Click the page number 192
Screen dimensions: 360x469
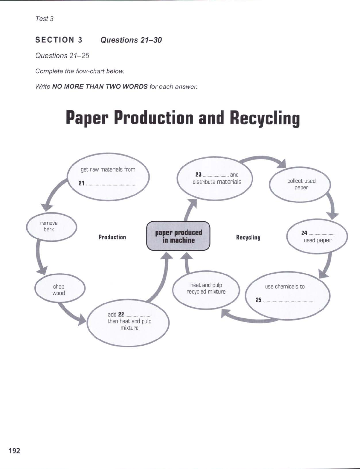14,450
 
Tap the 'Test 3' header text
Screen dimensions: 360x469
44,19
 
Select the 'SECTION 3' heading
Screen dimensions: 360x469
59,40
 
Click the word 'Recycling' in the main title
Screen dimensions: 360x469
264,118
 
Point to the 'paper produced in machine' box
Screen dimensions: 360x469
178,236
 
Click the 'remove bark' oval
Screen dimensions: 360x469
51,226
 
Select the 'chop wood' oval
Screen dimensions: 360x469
60,289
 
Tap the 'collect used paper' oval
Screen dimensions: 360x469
300,184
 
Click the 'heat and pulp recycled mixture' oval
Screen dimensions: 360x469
206,289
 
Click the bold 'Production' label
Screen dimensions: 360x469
112,237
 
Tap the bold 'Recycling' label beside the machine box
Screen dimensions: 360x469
248,237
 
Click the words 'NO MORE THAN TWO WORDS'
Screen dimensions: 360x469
100,87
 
